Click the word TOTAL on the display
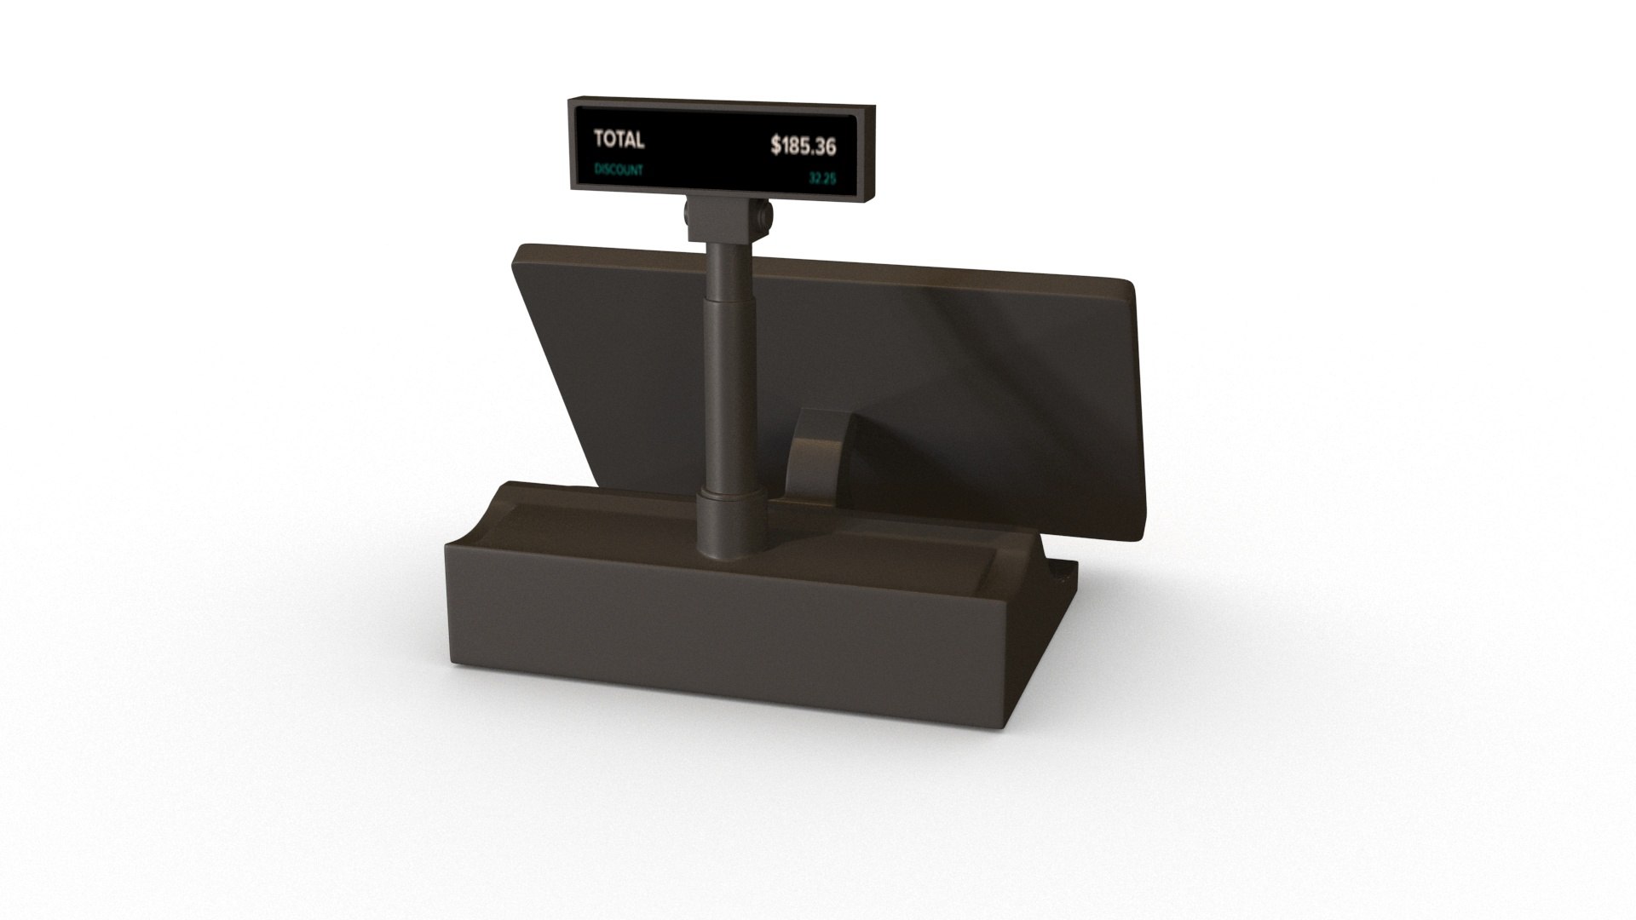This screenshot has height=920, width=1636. (x=619, y=140)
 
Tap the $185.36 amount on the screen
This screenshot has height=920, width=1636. (x=803, y=147)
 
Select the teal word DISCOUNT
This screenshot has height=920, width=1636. (x=619, y=170)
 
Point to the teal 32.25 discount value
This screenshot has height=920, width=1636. (x=821, y=179)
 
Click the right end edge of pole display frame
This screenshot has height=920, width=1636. (x=870, y=153)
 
